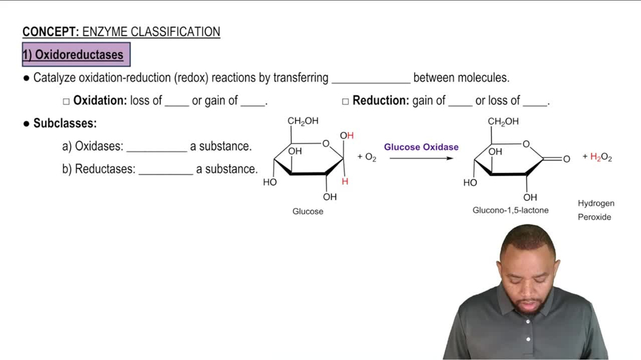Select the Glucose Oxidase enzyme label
point(421,147)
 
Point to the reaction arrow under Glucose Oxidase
point(421,158)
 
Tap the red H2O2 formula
point(601,158)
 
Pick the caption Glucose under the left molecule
point(308,211)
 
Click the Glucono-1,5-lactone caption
point(510,210)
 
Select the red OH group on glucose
point(347,136)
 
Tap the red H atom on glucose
point(345,181)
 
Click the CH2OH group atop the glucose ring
point(303,121)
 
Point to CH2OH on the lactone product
point(503,121)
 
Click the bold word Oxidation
point(99,101)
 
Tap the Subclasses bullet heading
point(65,123)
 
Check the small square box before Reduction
point(345,101)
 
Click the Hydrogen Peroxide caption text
point(595,210)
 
